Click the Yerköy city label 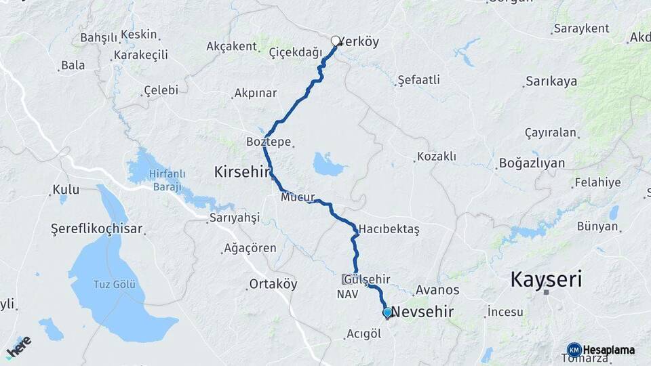[359, 41]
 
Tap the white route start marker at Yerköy [335, 41]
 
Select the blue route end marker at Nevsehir [387, 312]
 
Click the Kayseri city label [546, 279]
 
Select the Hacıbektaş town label [390, 229]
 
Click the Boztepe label [269, 142]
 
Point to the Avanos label [437, 290]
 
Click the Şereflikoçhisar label [97, 228]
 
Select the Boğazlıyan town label [532, 163]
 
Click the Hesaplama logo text [608, 350]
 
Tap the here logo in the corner [18, 346]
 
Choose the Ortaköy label [273, 284]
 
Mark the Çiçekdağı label [295, 52]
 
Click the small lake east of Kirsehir [329, 164]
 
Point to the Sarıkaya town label [551, 81]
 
